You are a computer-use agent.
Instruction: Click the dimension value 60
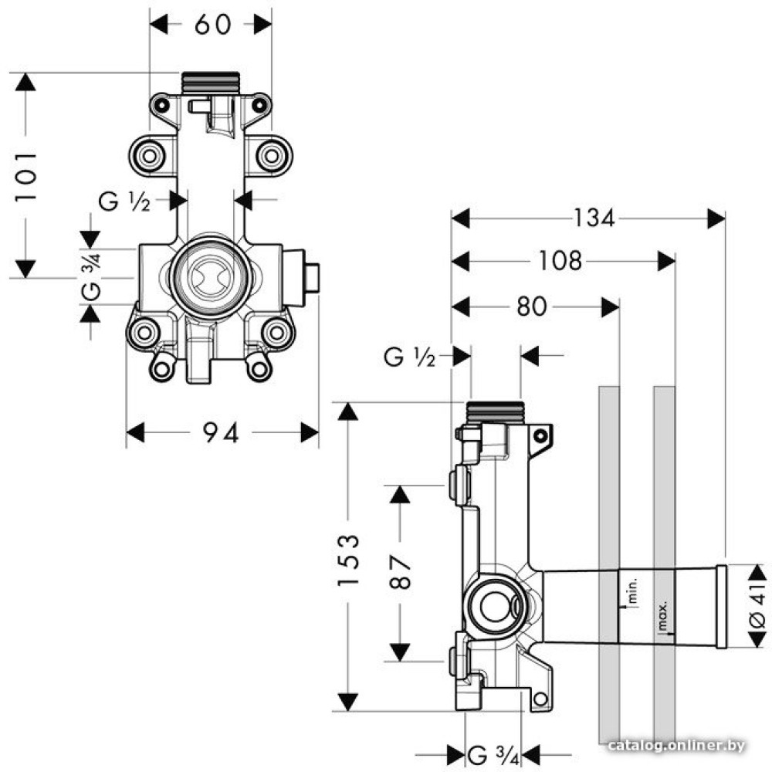[x=212, y=25]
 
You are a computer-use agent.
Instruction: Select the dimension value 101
[x=26, y=176]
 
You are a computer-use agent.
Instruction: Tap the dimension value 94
[x=221, y=433]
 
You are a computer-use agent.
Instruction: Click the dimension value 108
[x=560, y=262]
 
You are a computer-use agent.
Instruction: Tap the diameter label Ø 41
[x=757, y=605]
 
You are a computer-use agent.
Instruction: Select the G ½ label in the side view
[x=410, y=357]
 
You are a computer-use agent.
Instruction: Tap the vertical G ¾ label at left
[x=90, y=278]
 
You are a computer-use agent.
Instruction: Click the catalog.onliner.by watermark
[x=676, y=745]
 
